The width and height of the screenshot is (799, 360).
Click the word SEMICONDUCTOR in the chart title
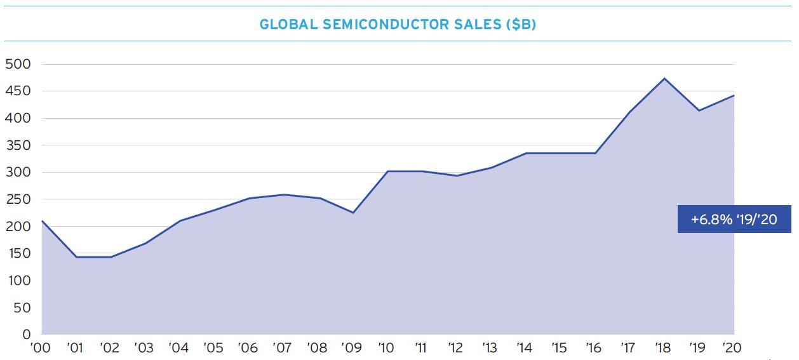click(x=384, y=24)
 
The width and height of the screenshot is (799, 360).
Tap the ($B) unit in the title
click(x=521, y=24)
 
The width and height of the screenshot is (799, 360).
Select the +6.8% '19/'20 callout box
click(x=734, y=219)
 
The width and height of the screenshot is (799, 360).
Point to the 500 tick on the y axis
click(x=18, y=64)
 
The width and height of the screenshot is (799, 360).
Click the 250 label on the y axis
click(x=18, y=199)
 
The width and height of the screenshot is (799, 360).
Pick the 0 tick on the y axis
click(x=27, y=335)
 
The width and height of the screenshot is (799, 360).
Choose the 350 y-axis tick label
click(x=18, y=145)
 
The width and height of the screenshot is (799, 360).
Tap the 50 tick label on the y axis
click(x=22, y=307)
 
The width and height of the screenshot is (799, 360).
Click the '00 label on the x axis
click(x=40, y=347)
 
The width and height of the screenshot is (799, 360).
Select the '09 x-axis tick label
click(x=351, y=347)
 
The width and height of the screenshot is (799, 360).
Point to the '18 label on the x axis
click(x=662, y=347)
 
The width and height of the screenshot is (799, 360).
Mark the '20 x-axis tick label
click(x=732, y=347)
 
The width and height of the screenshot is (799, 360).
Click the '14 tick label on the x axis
click(x=525, y=347)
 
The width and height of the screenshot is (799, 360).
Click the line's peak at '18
click(x=664, y=79)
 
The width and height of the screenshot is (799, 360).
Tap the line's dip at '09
click(x=353, y=213)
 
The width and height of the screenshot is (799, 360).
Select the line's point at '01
click(x=76, y=257)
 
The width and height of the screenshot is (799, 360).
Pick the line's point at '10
click(x=387, y=171)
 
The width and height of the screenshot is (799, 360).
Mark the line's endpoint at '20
click(x=734, y=95)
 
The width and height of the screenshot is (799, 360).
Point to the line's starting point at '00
click(x=42, y=221)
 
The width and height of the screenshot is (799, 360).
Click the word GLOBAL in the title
click(x=288, y=24)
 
